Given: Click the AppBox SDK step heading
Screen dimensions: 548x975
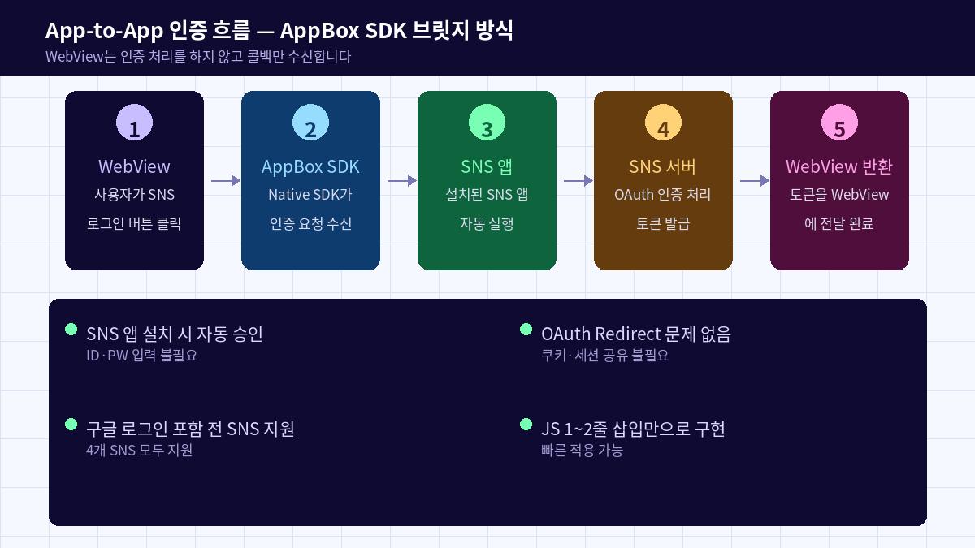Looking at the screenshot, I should tap(310, 166).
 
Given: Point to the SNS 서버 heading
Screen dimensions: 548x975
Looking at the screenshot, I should tap(663, 166).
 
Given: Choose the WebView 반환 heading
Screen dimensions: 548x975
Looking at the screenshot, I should tap(839, 166).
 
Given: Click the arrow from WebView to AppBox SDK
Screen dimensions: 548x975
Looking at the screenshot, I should tap(225, 181).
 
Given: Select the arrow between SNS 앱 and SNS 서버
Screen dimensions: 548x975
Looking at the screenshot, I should tap(578, 181).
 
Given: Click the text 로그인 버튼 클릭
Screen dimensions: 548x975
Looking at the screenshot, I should tap(134, 224).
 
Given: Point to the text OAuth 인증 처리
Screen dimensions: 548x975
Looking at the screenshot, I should tap(663, 195).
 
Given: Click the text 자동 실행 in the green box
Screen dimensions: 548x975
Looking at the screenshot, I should tap(487, 224).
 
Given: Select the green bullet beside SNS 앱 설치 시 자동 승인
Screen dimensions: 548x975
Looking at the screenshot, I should tap(71, 330).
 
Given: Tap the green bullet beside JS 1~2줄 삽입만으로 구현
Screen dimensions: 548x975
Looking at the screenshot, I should tap(526, 425).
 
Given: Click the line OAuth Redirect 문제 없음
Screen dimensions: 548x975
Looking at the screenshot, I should tap(636, 334).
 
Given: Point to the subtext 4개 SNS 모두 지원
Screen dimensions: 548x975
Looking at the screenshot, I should tap(139, 451).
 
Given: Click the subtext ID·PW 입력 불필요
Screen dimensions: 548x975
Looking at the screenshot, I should tap(141, 356).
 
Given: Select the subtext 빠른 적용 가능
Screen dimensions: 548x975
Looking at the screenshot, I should tap(582, 451).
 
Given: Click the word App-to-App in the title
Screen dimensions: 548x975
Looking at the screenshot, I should tap(103, 31).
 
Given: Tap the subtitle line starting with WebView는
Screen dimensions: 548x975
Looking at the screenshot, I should tap(198, 57).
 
